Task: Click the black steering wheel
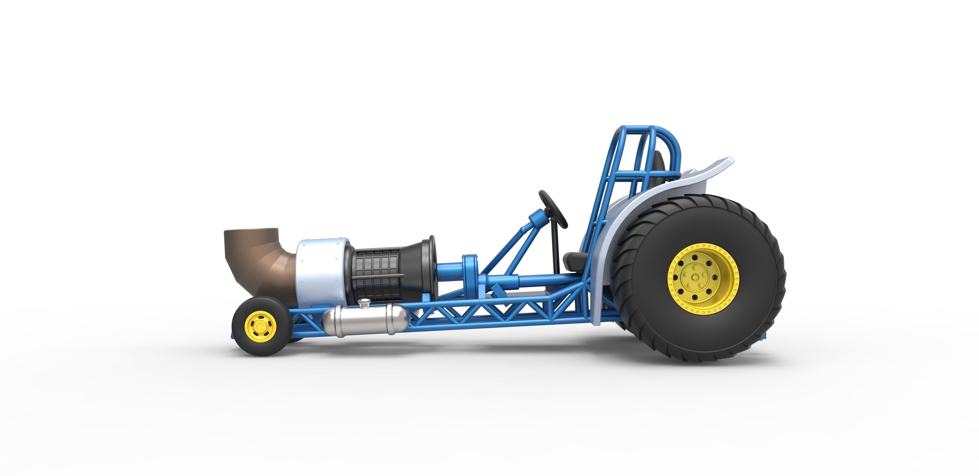tap(553, 209)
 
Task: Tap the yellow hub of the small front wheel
tap(260, 327)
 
